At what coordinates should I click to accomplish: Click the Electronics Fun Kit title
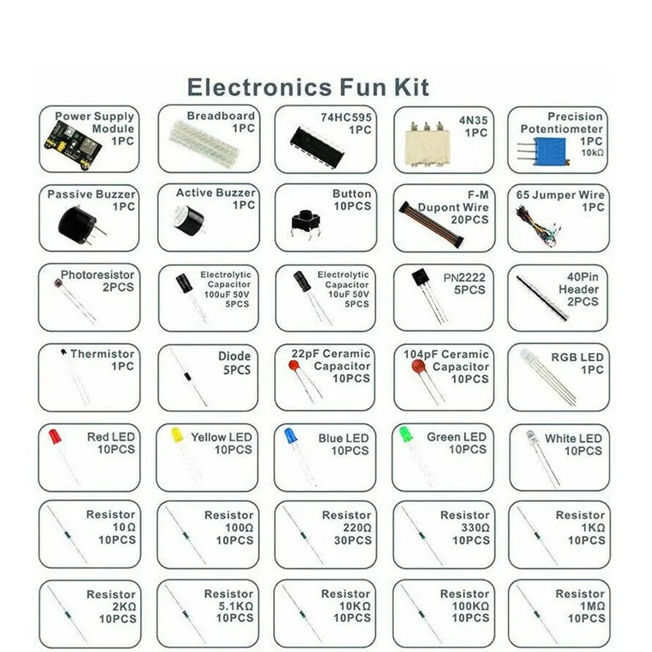tap(308, 88)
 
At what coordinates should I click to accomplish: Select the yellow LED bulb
tap(177, 435)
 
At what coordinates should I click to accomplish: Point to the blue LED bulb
tap(289, 435)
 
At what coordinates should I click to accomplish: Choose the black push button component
tap(306, 221)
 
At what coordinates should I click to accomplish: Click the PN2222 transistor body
tap(418, 279)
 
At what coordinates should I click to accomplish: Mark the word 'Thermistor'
tap(102, 354)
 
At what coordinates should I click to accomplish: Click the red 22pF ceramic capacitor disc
tap(294, 367)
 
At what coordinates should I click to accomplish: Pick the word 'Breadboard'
tap(221, 116)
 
